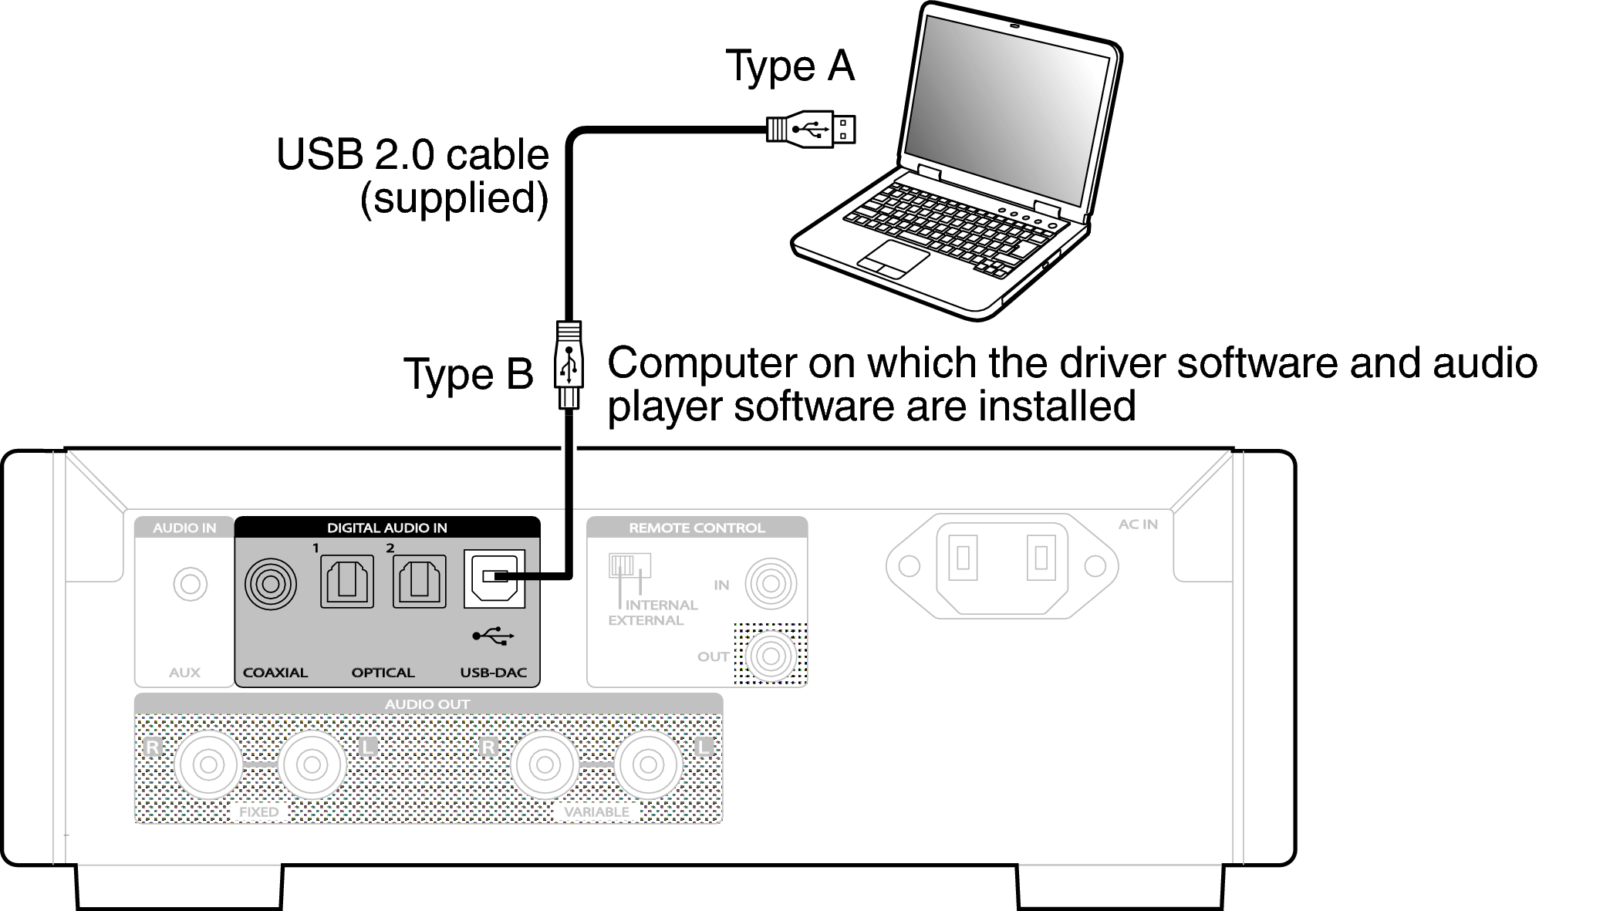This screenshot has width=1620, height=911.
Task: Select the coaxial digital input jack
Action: (270, 583)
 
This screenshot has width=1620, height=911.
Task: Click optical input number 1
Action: (347, 581)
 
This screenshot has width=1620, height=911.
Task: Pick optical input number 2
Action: (419, 581)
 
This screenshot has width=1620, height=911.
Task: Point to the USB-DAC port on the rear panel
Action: (494, 579)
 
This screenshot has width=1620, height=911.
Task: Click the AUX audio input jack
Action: (190, 584)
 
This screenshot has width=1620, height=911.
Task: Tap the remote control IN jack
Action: (770, 583)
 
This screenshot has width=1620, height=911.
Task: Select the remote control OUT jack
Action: (770, 656)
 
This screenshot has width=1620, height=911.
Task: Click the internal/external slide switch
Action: (629, 565)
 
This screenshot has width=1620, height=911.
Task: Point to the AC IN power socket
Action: (1002, 565)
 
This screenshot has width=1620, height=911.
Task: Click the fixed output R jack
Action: (208, 764)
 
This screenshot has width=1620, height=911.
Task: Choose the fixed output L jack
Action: (312, 764)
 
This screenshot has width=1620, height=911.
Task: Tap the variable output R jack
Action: (545, 764)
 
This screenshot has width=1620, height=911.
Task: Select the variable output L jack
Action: (649, 764)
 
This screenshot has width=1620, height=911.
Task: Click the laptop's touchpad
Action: (894, 258)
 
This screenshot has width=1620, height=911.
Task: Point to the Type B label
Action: (468, 374)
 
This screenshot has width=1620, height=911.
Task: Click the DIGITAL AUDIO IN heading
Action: (386, 528)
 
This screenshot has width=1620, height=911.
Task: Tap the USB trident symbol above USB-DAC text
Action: (493, 636)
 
